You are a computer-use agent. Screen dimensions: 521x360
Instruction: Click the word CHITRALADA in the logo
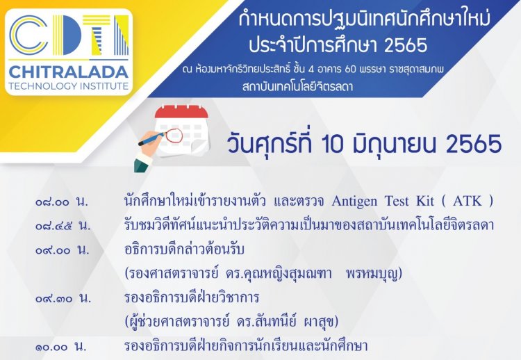coord(69,72)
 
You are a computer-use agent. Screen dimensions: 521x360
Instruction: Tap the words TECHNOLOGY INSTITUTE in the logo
coord(69,86)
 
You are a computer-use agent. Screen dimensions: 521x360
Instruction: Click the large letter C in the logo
coord(28,35)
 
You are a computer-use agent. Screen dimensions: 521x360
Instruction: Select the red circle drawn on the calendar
coord(174,136)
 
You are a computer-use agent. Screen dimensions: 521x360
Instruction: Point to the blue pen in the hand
coord(151,138)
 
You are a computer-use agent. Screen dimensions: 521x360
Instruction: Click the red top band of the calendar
coord(181,112)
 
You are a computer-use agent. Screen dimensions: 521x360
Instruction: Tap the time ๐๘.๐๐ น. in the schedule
coord(62,202)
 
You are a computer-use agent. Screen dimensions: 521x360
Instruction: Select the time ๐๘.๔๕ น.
coord(63,226)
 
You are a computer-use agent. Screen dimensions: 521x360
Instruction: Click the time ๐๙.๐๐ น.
coord(63,249)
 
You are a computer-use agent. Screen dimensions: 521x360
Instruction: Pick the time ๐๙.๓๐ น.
coord(63,298)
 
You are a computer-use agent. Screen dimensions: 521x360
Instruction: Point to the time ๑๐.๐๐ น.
coord(61,347)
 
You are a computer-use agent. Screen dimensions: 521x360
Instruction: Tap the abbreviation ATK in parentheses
coord(468,201)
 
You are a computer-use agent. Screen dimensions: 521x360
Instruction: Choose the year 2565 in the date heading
coord(474,145)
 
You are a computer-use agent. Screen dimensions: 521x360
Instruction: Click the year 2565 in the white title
coord(406,44)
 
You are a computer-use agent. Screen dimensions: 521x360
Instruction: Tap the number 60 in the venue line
coord(351,69)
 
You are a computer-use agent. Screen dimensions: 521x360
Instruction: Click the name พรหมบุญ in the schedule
coord(374,274)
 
